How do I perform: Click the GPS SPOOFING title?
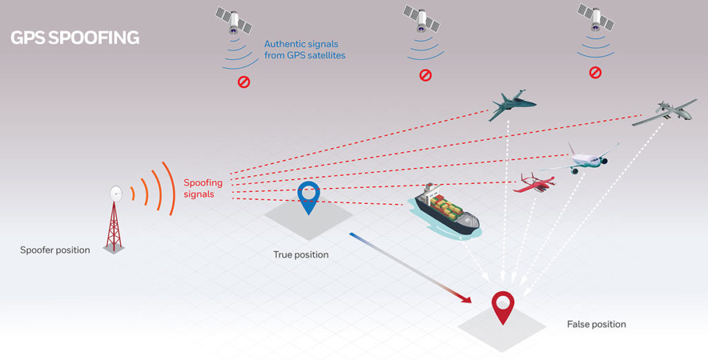[75, 38]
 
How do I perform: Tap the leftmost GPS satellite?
[234, 20]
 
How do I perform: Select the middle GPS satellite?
[421, 19]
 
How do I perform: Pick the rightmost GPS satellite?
[595, 17]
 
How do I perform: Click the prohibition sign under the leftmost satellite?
[244, 82]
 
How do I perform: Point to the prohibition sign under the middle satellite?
[425, 75]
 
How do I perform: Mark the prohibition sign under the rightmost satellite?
[595, 72]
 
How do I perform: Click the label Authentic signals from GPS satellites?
[305, 50]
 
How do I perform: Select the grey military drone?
[664, 113]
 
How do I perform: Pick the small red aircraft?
[534, 182]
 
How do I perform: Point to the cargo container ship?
[447, 210]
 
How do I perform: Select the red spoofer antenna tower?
[115, 219]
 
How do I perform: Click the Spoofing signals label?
[203, 189]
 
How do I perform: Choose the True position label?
[301, 255]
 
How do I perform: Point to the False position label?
[597, 324]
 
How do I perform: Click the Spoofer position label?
[55, 250]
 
